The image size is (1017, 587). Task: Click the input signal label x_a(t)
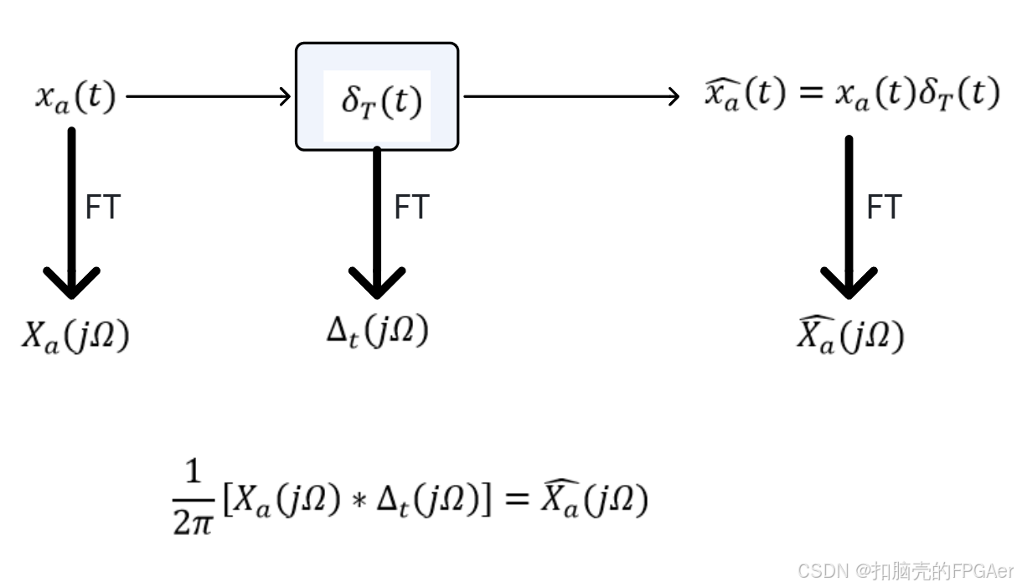[x=75, y=97]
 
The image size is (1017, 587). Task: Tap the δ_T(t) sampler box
[x=377, y=97]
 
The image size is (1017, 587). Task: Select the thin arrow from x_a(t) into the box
[x=208, y=97]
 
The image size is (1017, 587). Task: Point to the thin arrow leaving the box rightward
[x=570, y=97]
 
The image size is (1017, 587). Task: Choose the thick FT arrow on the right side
[x=849, y=218]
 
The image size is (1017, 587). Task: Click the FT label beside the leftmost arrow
[x=103, y=208]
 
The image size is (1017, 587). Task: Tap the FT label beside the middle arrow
[x=411, y=208]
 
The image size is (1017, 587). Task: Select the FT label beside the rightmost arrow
[x=884, y=208]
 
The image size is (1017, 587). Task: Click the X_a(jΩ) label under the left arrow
[x=75, y=336]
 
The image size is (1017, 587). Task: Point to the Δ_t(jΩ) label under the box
[x=377, y=332]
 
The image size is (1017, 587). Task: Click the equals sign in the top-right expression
[x=809, y=95]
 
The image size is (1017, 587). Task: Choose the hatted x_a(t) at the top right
[x=745, y=95]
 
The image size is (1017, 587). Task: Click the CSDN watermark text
[x=906, y=571]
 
